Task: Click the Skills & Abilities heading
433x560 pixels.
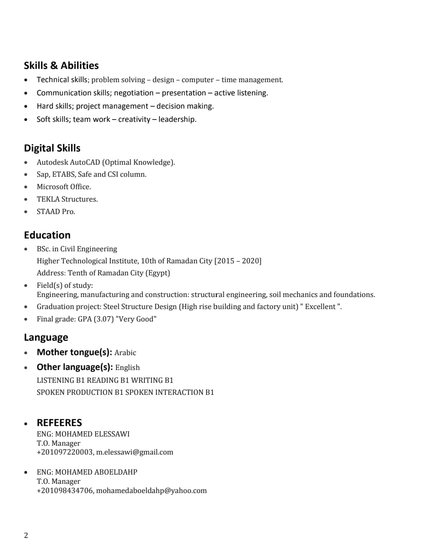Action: click(61, 66)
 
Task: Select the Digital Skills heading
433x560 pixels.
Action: click(52, 148)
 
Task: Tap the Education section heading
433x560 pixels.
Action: click(47, 235)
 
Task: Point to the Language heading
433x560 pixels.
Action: click(46, 338)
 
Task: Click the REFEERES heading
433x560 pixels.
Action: click(59, 423)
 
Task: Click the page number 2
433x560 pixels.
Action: click(26, 536)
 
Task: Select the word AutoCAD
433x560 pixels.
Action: click(85, 162)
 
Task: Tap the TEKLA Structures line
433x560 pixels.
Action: click(67, 199)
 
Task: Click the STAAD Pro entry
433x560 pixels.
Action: click(56, 212)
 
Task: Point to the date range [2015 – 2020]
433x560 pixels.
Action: click(238, 261)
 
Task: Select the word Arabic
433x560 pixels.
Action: click(125, 353)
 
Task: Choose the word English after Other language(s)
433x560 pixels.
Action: click(127, 368)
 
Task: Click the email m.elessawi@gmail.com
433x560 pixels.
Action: click(135, 452)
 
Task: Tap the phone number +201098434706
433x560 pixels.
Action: click(65, 491)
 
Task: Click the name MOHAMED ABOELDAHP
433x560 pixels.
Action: click(96, 472)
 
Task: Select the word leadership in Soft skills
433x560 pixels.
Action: click(177, 119)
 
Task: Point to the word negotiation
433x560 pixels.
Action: click(134, 93)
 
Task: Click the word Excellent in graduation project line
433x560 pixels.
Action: click(320, 307)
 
